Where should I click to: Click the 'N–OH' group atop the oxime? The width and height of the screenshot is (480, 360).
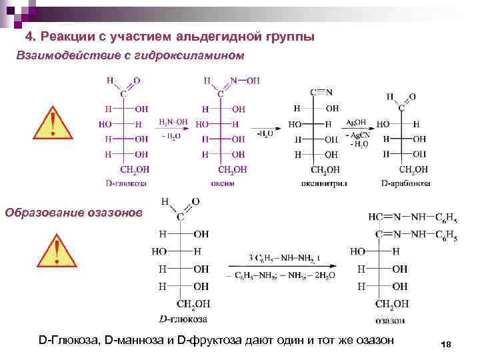[243, 81]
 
